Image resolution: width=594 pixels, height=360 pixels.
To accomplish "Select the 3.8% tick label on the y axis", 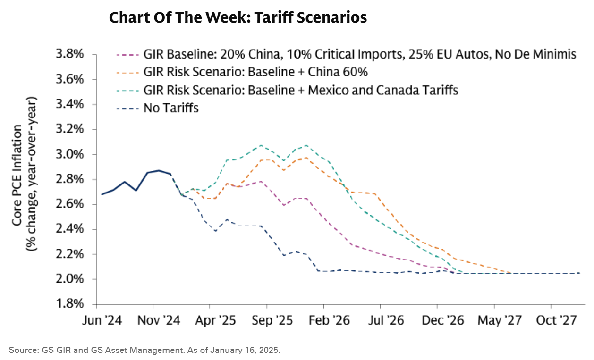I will coord(69,55).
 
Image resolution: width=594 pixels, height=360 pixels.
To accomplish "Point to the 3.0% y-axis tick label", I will coord(69,155).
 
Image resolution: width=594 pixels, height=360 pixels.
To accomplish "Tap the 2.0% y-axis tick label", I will coord(69,279).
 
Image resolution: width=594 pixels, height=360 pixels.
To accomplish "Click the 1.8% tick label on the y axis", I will coord(69,304).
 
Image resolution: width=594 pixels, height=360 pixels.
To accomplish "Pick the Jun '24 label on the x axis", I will coord(102,320).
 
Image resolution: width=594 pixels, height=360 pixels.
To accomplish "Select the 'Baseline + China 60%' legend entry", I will coord(255,72).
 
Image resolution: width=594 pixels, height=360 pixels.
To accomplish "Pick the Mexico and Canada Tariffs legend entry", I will coord(300,90).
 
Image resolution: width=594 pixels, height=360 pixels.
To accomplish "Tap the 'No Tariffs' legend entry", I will coord(170,108).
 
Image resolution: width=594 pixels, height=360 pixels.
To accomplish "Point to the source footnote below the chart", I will coord(144,350).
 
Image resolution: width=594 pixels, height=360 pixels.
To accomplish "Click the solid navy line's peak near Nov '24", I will coord(159,170).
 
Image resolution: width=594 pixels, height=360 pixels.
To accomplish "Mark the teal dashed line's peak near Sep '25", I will coord(261,145).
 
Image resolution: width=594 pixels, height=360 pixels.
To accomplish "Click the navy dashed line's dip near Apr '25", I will coord(215,231).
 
